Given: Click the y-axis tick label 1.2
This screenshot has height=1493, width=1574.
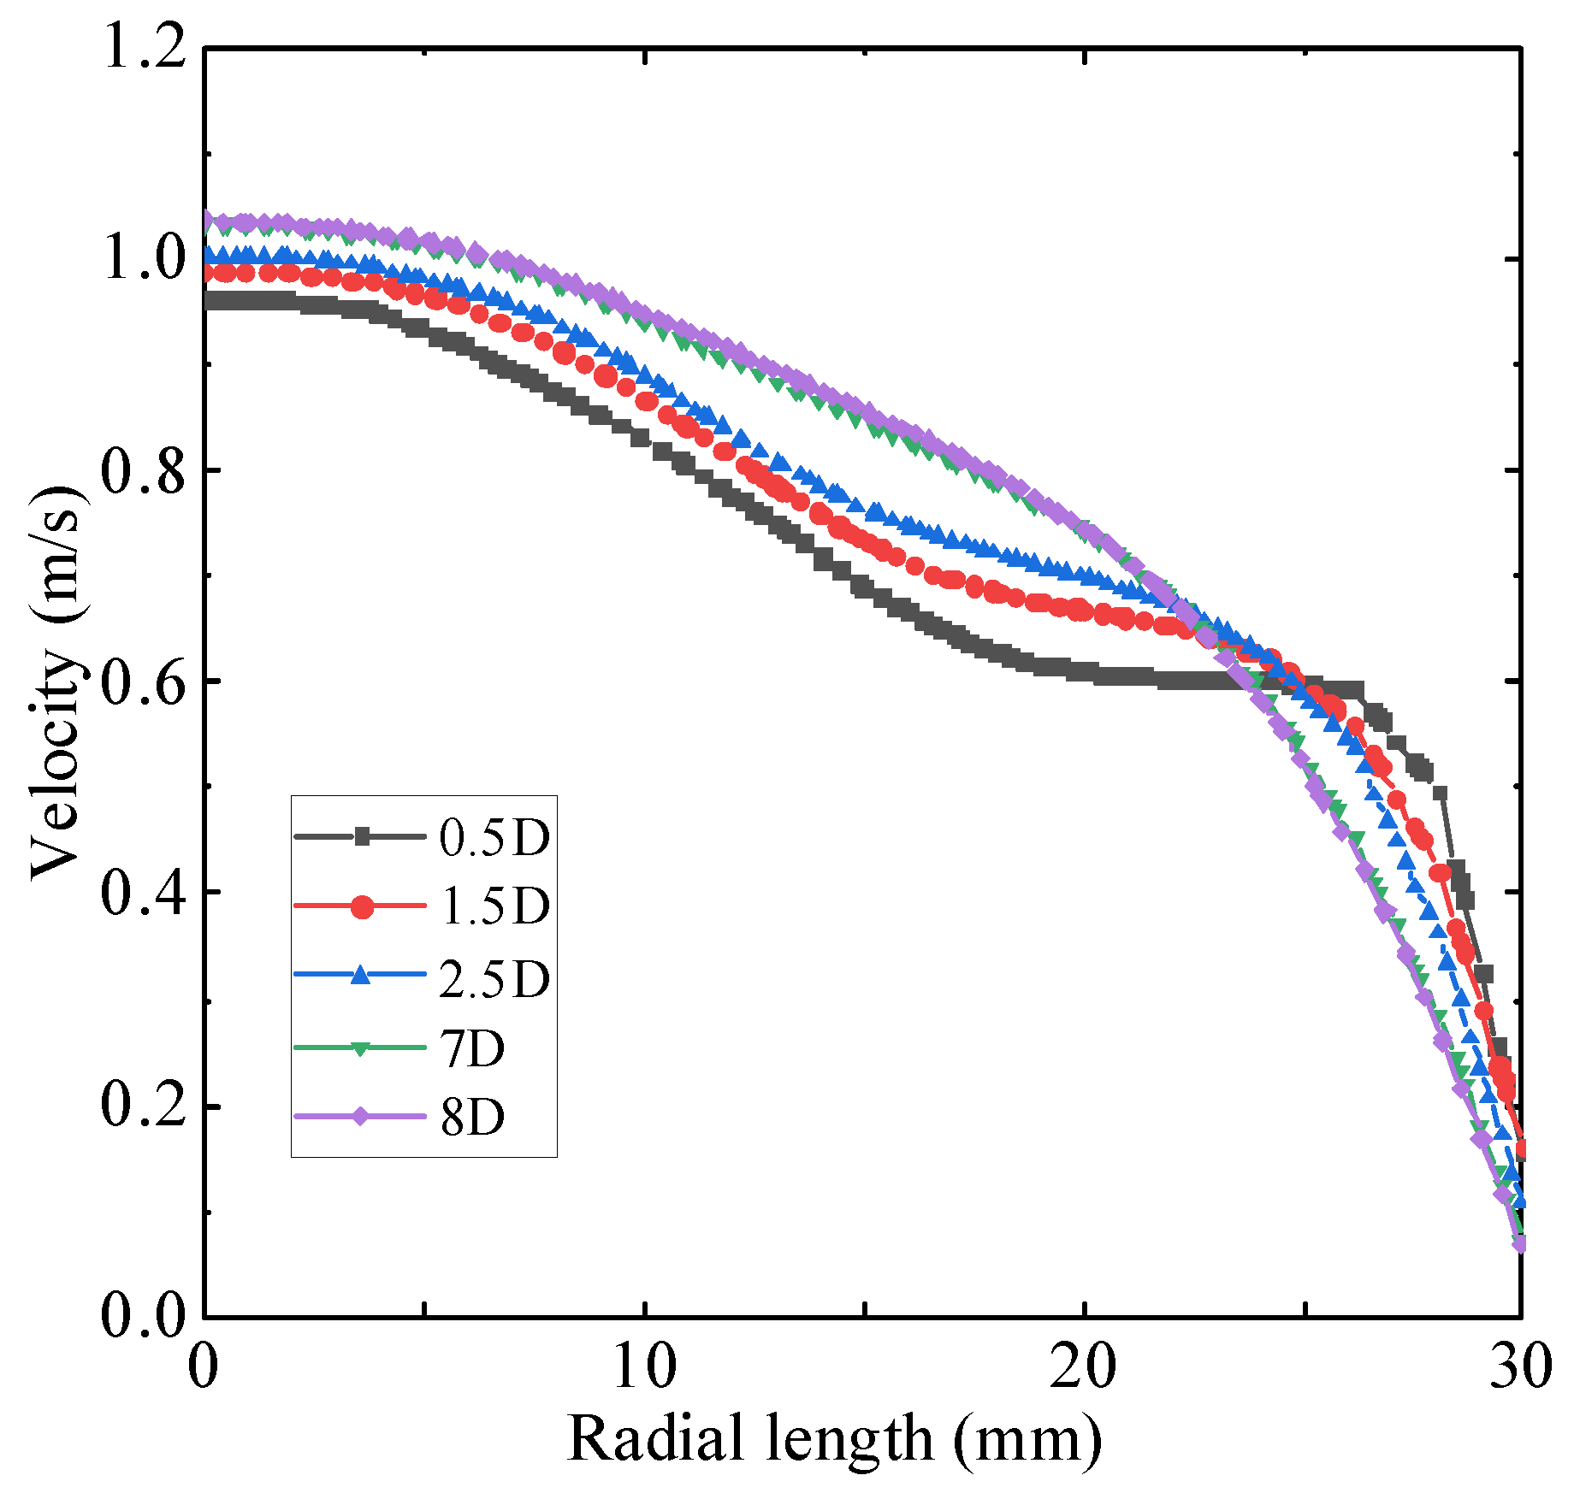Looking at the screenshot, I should click(x=144, y=49).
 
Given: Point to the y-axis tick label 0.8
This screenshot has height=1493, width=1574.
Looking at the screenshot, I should click(x=144, y=469).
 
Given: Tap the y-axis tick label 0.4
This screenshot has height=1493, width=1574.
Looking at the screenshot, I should click(x=144, y=893).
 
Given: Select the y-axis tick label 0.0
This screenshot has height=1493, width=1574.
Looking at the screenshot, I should click(x=144, y=1315).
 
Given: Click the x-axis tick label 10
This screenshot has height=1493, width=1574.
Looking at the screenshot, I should click(x=644, y=1366).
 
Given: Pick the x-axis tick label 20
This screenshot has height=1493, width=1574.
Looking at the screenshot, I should click(x=1084, y=1366).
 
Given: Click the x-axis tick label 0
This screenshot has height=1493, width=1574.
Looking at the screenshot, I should click(x=204, y=1366).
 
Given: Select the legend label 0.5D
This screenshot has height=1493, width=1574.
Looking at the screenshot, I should click(x=494, y=837).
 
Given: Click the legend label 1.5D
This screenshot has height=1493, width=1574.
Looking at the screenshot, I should click(x=494, y=906).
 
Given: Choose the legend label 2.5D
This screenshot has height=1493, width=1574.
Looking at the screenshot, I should click(x=494, y=978).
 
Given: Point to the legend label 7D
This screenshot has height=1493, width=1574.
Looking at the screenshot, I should click(x=473, y=1048).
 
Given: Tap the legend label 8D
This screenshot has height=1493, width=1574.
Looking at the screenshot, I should click(x=473, y=1117).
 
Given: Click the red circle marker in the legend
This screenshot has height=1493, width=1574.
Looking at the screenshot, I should click(x=362, y=906).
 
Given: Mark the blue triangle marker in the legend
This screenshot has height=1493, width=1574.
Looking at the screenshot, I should click(x=361, y=975).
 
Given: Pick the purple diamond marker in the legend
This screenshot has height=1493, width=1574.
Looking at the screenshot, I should click(x=361, y=1116).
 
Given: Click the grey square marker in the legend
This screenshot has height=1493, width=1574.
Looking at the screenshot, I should click(x=362, y=836).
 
